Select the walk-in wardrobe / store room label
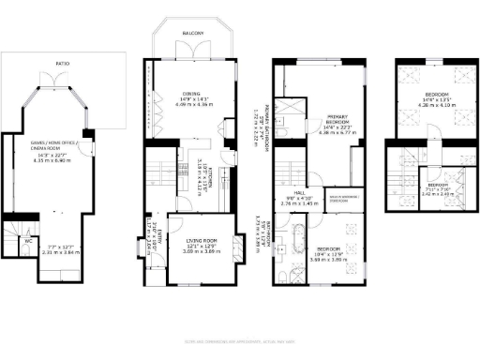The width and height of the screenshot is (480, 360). (x=345, y=198)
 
